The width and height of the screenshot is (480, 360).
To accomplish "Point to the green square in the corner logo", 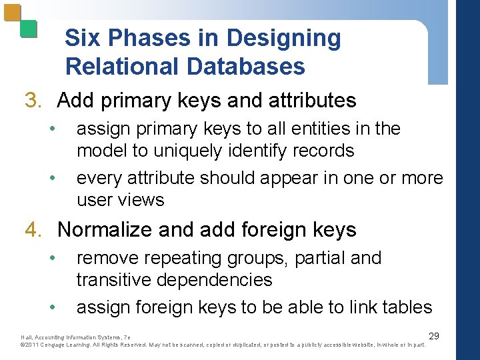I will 28,28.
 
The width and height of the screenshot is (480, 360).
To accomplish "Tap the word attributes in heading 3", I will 311,101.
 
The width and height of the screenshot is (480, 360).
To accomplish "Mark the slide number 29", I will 433,336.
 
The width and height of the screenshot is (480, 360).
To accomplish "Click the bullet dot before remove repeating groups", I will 52,258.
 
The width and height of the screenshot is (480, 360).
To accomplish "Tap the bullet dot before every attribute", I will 52,179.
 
